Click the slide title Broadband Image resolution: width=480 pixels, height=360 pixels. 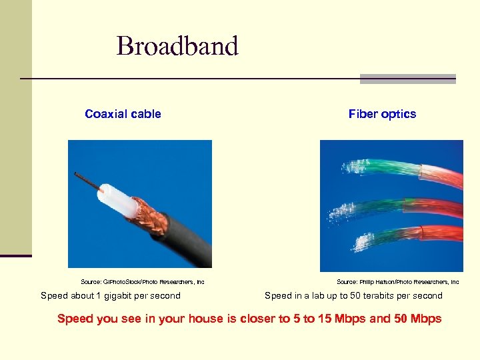[177, 46]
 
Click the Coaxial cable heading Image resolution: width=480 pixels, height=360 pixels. [123, 114]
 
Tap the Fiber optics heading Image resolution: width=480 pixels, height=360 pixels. [382, 114]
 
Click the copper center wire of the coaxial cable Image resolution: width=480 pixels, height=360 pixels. [87, 180]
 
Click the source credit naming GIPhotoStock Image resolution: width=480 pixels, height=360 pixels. [142, 282]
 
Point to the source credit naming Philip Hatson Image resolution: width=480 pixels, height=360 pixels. [397, 282]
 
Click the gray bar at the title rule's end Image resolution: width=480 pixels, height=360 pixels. [407, 79]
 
